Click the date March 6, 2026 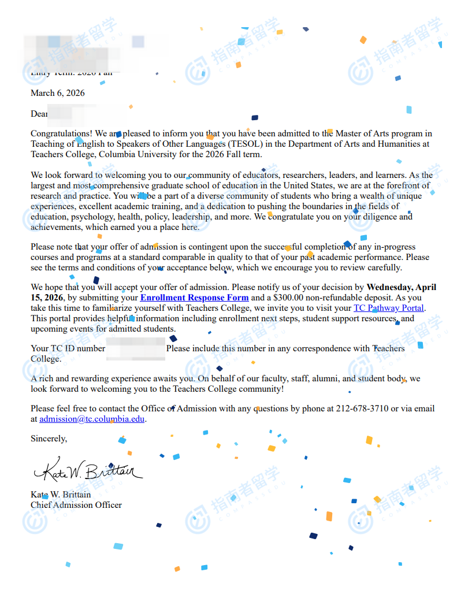[x=58, y=93]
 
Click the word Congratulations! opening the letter [x=58, y=134]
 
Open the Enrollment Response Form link [x=194, y=298]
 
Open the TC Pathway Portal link [x=389, y=308]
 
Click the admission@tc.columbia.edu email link [x=92, y=419]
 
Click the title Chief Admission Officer [x=76, y=505]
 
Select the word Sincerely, [x=49, y=439]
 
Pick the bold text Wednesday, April [x=402, y=287]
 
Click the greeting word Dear [x=39, y=114]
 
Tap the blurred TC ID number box [x=136, y=349]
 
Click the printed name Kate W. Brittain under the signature [x=61, y=495]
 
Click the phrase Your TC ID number [x=68, y=348]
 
